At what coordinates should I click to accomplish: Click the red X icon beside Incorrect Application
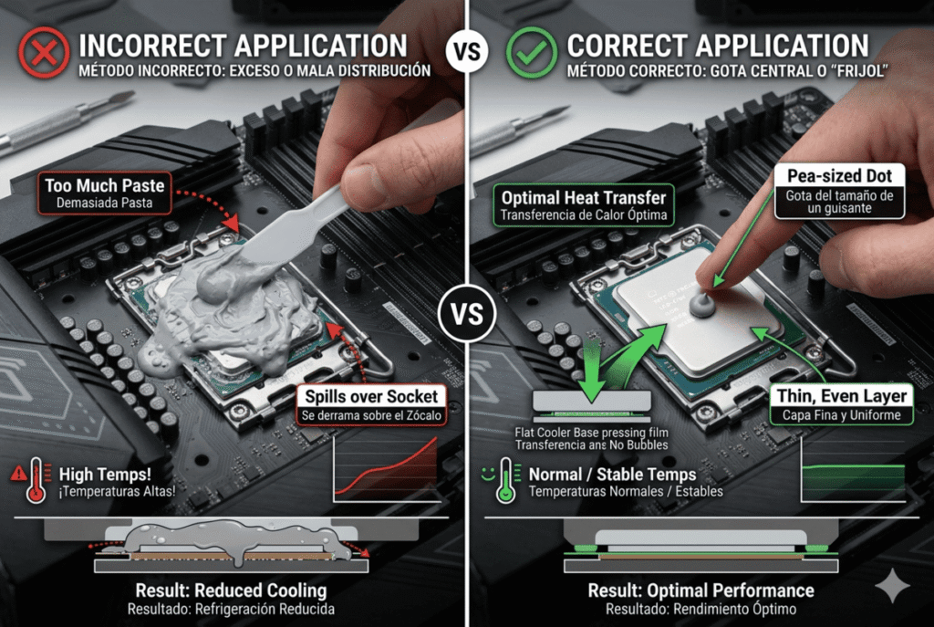(43, 52)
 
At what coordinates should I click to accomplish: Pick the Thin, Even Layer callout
(841, 404)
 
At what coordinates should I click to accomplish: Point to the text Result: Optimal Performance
(700, 590)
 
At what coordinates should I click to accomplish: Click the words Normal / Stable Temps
(612, 475)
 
